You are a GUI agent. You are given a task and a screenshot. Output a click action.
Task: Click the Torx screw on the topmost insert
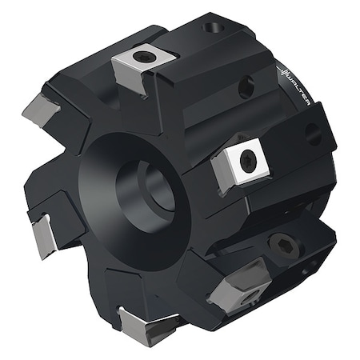tap(144, 56)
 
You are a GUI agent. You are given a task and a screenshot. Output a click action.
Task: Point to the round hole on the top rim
tap(211, 28)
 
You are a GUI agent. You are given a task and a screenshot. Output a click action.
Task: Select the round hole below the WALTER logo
tap(312, 131)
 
